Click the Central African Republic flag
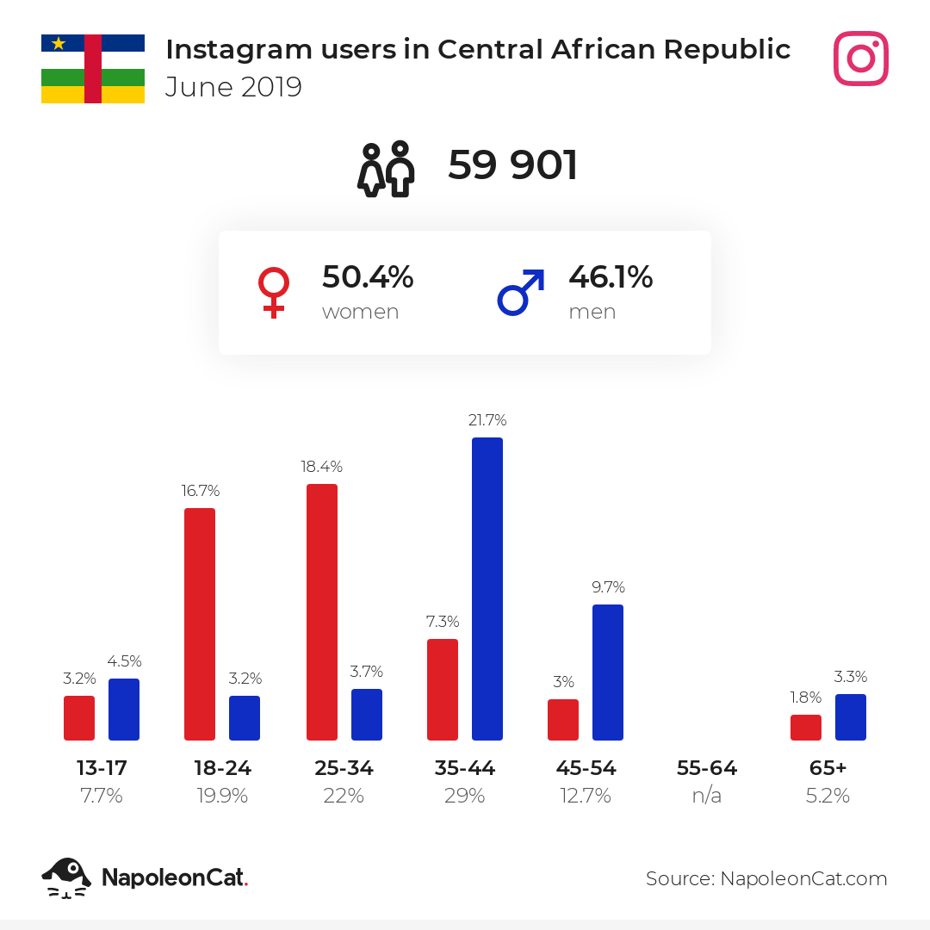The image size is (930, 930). click(x=93, y=69)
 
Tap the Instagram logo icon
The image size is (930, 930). click(x=860, y=59)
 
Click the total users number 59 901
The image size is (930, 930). click(x=512, y=164)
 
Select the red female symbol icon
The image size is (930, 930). click(x=274, y=293)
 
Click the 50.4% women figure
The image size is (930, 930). click(x=368, y=277)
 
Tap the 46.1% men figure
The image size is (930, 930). click(x=611, y=277)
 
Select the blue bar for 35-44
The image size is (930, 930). click(x=487, y=589)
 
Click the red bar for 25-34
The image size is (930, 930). click(x=322, y=612)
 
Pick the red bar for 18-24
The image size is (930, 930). click(x=200, y=624)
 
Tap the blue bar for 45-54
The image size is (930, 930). click(x=608, y=673)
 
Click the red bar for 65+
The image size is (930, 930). click(x=806, y=728)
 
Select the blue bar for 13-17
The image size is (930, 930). click(x=124, y=710)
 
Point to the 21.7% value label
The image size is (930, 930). click(x=487, y=420)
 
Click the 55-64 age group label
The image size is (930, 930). click(x=707, y=768)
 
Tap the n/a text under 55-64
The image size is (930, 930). click(x=706, y=796)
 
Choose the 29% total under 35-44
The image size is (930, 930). click(x=464, y=796)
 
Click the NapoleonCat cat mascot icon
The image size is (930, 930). click(x=66, y=877)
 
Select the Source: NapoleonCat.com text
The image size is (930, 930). click(x=766, y=878)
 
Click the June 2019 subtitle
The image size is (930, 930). click(x=233, y=87)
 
